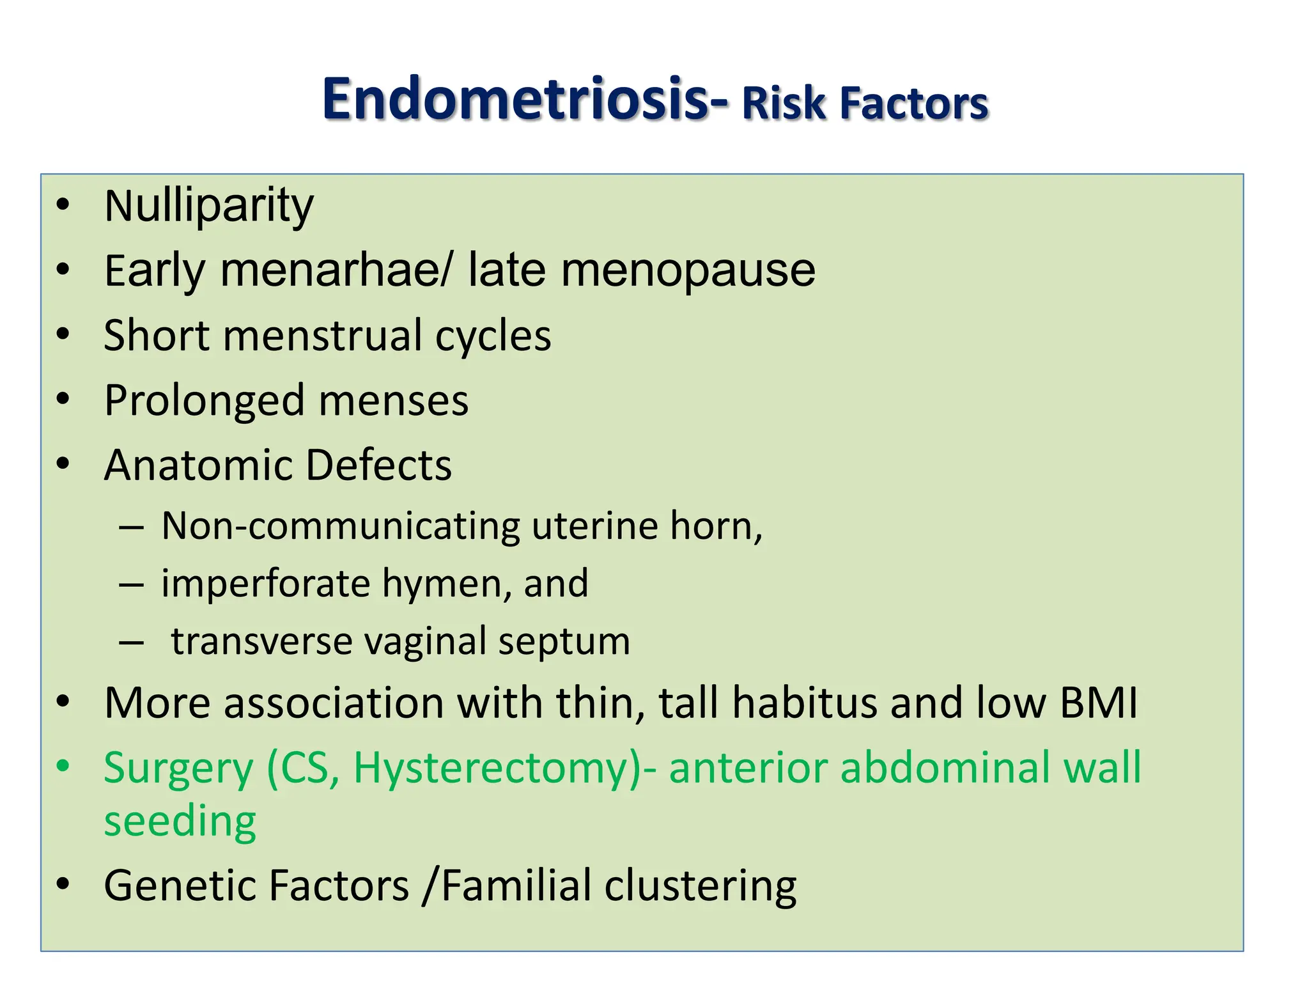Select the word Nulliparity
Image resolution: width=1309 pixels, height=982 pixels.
point(209,206)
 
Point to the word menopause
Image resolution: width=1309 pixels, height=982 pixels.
point(688,271)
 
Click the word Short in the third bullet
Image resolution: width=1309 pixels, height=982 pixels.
point(156,335)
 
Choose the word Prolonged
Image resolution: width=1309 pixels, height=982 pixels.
point(204,401)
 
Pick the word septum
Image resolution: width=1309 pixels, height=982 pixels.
point(564,642)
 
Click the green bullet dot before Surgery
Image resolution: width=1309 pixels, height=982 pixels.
point(63,766)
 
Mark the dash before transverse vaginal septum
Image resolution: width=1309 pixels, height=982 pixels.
point(131,643)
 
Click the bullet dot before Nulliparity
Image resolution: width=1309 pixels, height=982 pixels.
point(63,205)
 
